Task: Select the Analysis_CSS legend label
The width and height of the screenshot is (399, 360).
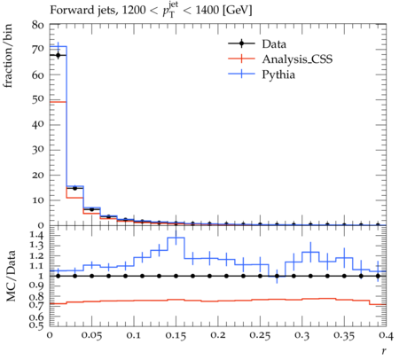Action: pos(297,59)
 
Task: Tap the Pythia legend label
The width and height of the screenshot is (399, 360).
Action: pos(278,74)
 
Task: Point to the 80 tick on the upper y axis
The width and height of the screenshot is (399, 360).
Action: pos(38,25)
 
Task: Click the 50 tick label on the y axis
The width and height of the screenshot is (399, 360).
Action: pos(38,99)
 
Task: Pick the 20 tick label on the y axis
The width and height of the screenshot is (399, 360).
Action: pos(38,175)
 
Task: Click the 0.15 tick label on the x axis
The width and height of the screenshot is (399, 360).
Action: pos(176,336)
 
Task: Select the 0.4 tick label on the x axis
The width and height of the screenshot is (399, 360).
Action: pos(386,336)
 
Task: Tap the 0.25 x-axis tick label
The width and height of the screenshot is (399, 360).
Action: pos(260,336)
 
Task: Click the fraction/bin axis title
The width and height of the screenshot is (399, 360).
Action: pos(8,56)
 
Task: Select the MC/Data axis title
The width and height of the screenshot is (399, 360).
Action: pos(11,276)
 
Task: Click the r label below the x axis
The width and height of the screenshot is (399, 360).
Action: pos(384,351)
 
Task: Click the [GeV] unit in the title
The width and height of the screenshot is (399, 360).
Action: pos(237,11)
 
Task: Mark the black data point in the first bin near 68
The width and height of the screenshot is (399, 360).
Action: pos(58,55)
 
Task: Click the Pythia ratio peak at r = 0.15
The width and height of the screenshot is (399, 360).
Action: pos(176,238)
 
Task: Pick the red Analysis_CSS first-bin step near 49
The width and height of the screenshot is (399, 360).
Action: pos(58,102)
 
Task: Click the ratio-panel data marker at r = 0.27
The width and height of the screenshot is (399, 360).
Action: pos(277,276)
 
